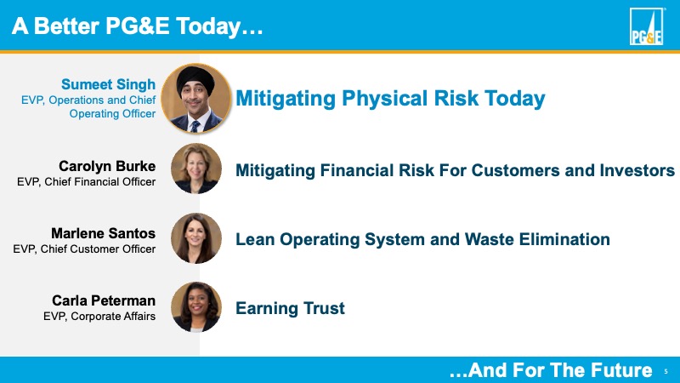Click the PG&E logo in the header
tap(646, 26)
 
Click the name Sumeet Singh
tap(108, 84)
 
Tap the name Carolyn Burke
tap(107, 166)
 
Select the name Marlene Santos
tap(103, 233)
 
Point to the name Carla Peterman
tap(104, 300)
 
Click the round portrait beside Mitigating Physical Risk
tap(196, 98)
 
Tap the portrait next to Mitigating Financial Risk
tap(196, 169)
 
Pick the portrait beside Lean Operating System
tap(196, 238)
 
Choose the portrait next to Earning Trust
tap(196, 307)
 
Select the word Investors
tap(637, 170)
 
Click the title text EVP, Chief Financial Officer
tap(87, 182)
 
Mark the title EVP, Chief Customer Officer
tap(84, 249)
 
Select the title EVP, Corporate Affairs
tap(99, 317)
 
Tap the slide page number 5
tap(666, 372)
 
